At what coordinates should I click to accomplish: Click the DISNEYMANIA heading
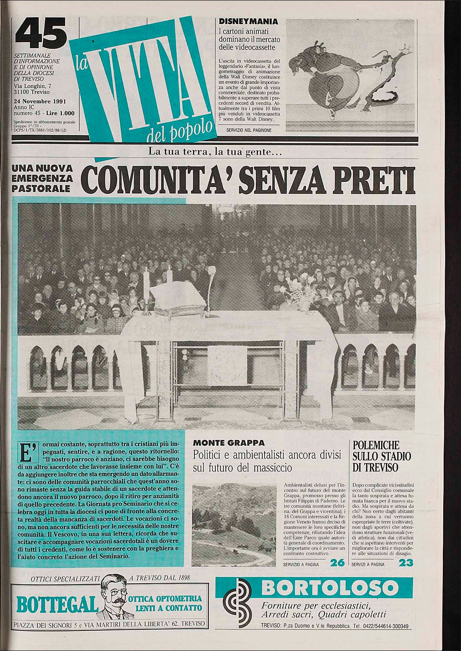[248, 22]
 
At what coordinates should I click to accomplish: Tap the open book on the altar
[177, 297]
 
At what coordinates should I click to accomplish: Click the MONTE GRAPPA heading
[229, 443]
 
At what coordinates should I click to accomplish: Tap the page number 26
[338, 563]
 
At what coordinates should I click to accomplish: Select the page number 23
[406, 563]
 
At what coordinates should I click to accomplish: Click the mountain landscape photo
[234, 525]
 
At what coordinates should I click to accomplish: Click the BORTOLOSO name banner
[329, 588]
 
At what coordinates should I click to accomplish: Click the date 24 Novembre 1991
[39, 101]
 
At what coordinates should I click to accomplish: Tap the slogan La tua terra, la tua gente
[215, 151]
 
